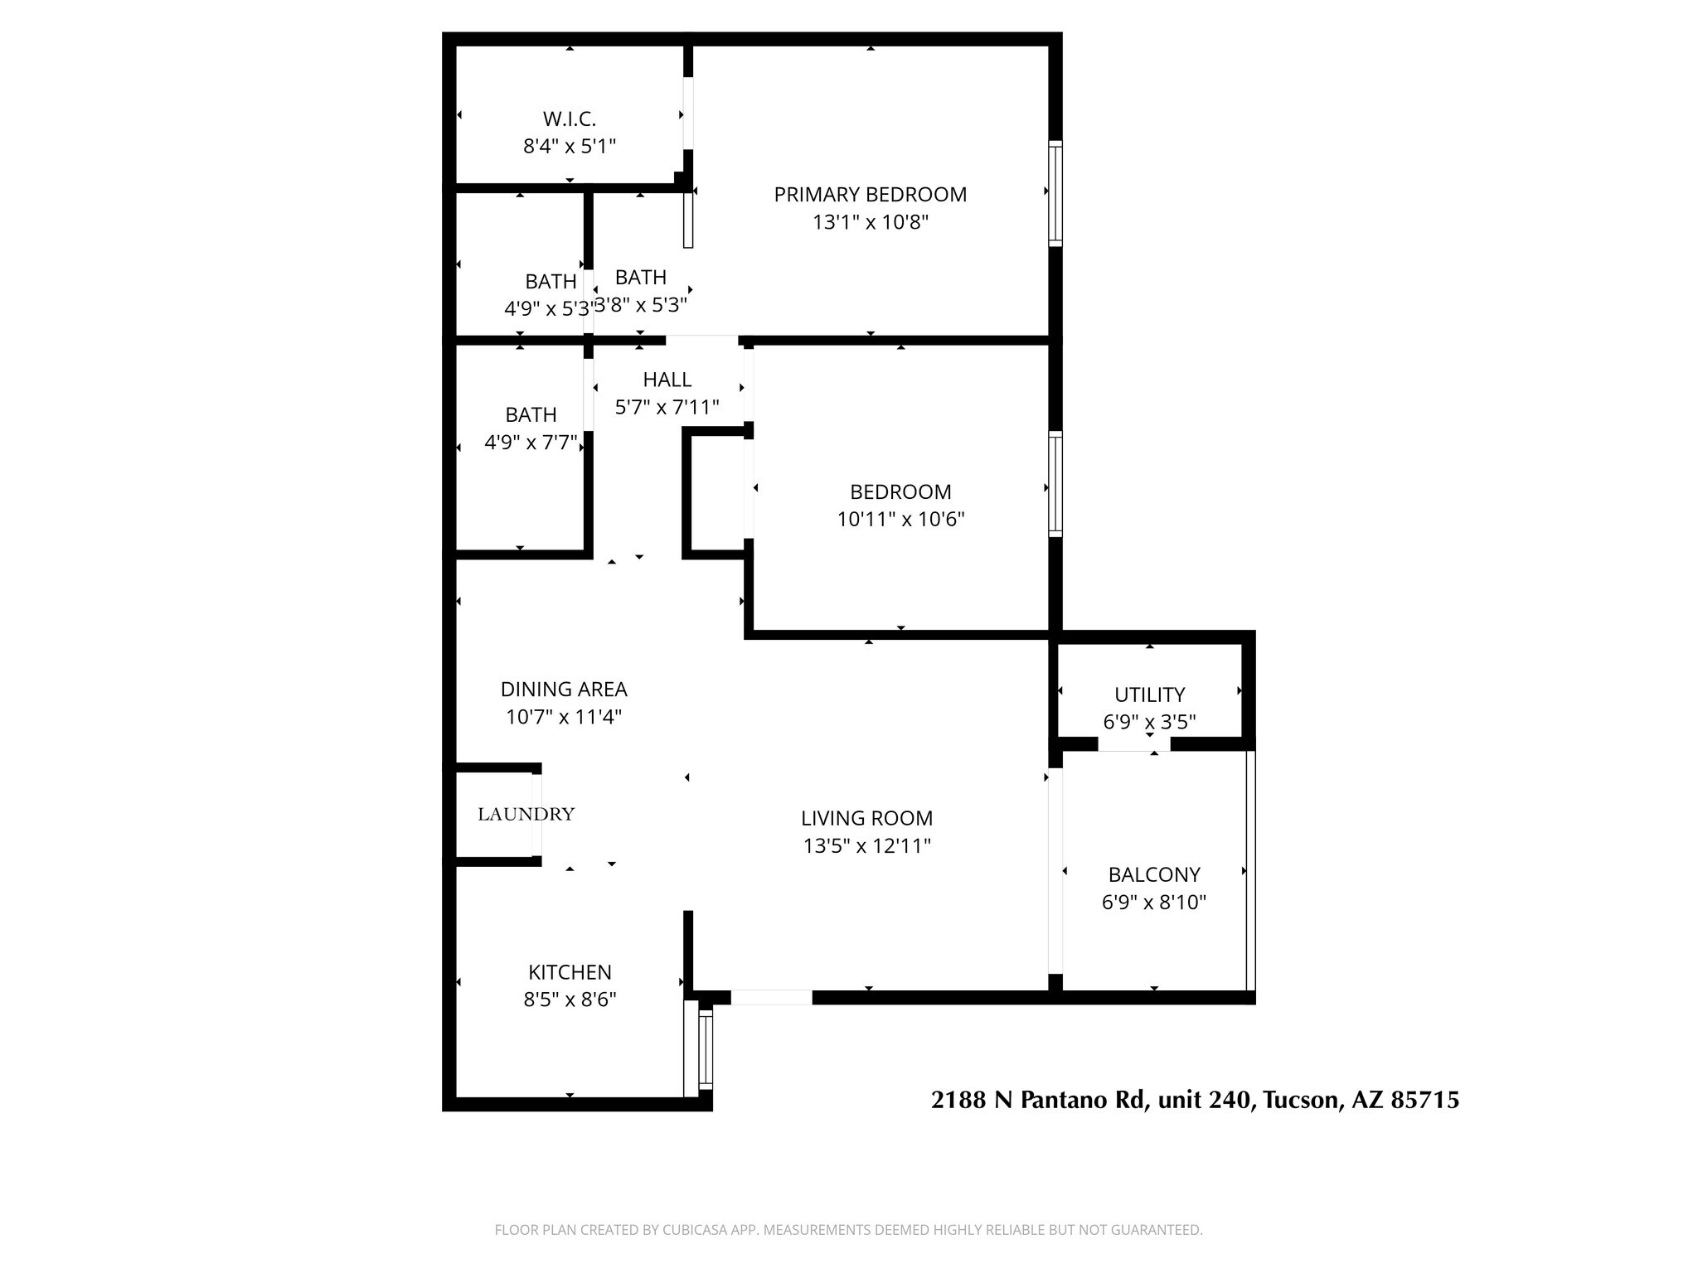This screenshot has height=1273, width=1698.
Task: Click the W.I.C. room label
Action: click(570, 119)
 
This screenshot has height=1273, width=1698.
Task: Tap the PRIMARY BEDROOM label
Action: click(870, 194)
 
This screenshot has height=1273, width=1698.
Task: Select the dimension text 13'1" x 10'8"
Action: click(870, 222)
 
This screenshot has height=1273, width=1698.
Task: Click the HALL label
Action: click(667, 380)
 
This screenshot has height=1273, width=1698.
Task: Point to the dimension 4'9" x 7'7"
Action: click(531, 443)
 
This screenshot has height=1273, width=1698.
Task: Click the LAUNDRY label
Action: click(526, 814)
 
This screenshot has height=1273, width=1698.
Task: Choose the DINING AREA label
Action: click(564, 689)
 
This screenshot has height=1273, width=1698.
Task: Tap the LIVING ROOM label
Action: click(866, 818)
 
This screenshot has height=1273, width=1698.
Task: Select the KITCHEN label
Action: click(570, 971)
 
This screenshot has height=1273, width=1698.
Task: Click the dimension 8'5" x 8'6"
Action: click(570, 1000)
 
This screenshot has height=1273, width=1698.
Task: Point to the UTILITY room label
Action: click(1149, 695)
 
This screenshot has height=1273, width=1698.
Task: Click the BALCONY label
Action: click(1154, 874)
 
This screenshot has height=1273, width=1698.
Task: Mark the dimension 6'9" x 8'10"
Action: click(1153, 903)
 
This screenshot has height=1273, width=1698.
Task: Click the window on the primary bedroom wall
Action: click(1055, 193)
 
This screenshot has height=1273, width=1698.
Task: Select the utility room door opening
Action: click(1133, 744)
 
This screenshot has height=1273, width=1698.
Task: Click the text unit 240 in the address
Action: click(1204, 1101)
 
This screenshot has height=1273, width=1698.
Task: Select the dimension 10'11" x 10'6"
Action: click(900, 520)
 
